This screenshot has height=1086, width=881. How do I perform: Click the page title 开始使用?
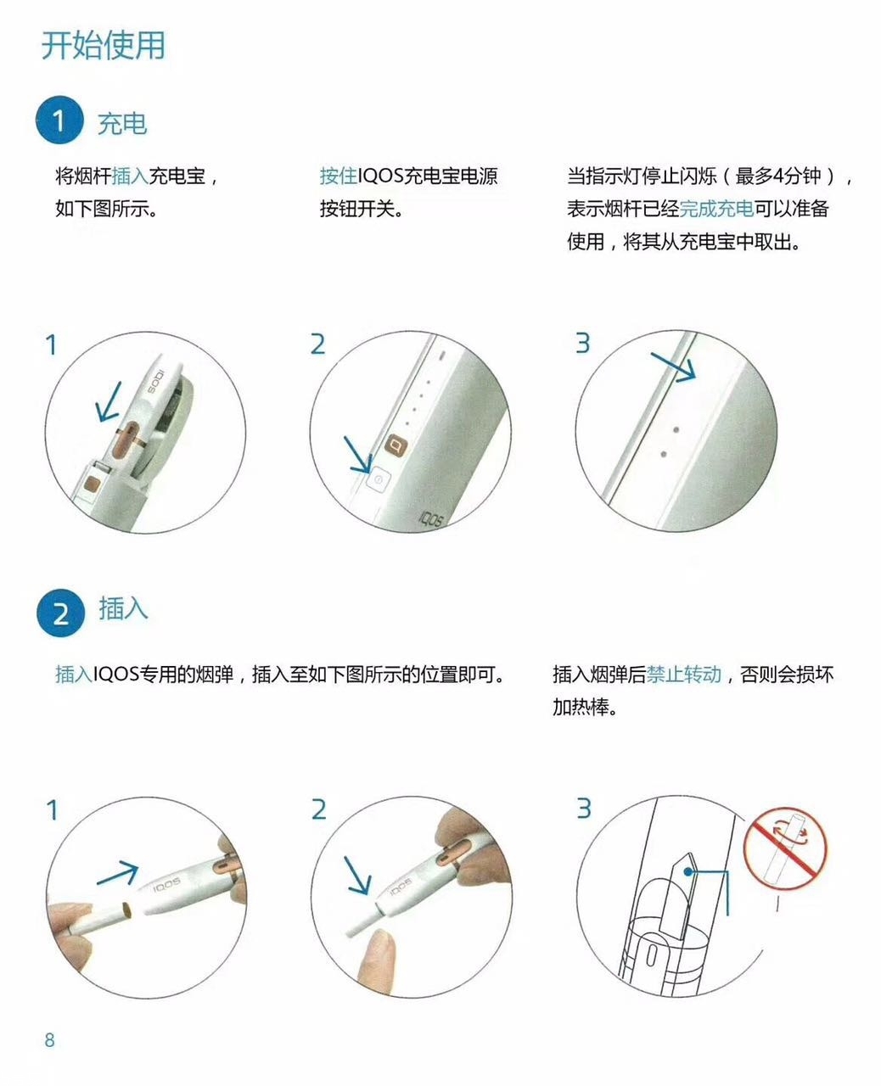(x=104, y=45)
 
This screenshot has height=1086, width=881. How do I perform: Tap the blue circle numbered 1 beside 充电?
(x=59, y=120)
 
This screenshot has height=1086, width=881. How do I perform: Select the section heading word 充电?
(x=122, y=124)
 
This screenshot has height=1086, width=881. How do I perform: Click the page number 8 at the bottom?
(x=49, y=1040)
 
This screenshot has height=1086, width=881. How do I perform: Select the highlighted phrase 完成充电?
(x=716, y=209)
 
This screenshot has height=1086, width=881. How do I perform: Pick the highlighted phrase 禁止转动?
(x=684, y=675)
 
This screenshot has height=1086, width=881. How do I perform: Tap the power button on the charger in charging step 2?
(x=378, y=479)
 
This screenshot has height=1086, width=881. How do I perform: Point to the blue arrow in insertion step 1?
(x=117, y=874)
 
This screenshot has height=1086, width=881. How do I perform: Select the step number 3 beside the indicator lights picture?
(x=582, y=343)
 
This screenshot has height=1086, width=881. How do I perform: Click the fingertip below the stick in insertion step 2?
(x=374, y=955)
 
